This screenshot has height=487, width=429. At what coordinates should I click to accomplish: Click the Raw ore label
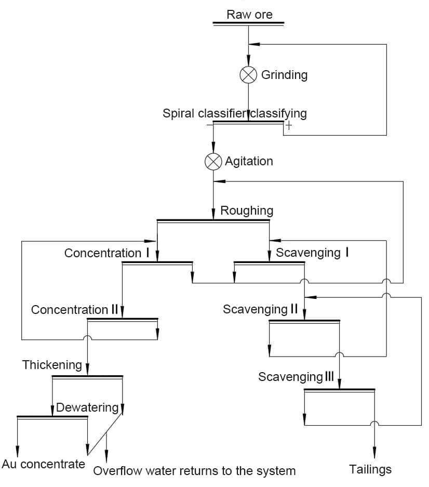pyautogui.click(x=249, y=15)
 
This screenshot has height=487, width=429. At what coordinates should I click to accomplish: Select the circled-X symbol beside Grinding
pyautogui.click(x=248, y=75)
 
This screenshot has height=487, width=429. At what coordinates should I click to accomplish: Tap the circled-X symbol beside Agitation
pyautogui.click(x=213, y=162)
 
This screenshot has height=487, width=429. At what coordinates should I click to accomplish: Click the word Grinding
pyautogui.click(x=284, y=75)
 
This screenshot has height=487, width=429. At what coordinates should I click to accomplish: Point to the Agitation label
pyautogui.click(x=249, y=161)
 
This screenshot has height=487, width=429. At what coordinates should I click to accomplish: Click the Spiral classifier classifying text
pyautogui.click(x=235, y=113)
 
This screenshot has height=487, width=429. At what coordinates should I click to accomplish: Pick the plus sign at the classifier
pyautogui.click(x=288, y=125)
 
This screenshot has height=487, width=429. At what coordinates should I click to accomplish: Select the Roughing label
pyautogui.click(x=247, y=210)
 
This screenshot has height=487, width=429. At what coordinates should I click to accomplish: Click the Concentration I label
pyautogui.click(x=107, y=253)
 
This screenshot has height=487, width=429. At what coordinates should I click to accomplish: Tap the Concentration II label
pyautogui.click(x=75, y=310)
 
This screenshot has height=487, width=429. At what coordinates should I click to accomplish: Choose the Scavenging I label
pyautogui.click(x=312, y=253)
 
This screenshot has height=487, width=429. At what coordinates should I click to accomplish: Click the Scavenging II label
pyautogui.click(x=260, y=309)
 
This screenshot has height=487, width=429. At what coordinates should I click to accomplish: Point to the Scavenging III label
pyautogui.click(x=296, y=377)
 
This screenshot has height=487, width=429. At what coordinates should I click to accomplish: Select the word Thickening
pyautogui.click(x=52, y=365)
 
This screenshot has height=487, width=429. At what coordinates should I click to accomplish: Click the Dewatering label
pyautogui.click(x=87, y=407)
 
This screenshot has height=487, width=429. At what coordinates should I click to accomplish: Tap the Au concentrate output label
pyautogui.click(x=43, y=464)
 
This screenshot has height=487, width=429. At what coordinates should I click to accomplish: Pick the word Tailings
pyautogui.click(x=370, y=469)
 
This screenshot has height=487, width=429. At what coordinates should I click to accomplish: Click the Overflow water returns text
pyautogui.click(x=194, y=471)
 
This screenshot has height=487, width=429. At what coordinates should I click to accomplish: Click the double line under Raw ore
pyautogui.click(x=249, y=23)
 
